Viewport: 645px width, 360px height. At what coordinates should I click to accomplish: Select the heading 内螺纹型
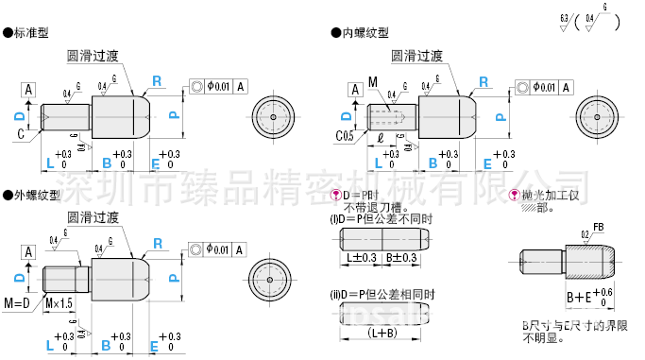click(x=356, y=32)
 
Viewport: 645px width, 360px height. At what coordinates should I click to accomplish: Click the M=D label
click(x=18, y=302)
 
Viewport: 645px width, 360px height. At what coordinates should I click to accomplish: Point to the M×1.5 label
click(x=59, y=302)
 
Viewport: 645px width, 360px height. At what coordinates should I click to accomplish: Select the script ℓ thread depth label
click(x=380, y=138)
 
